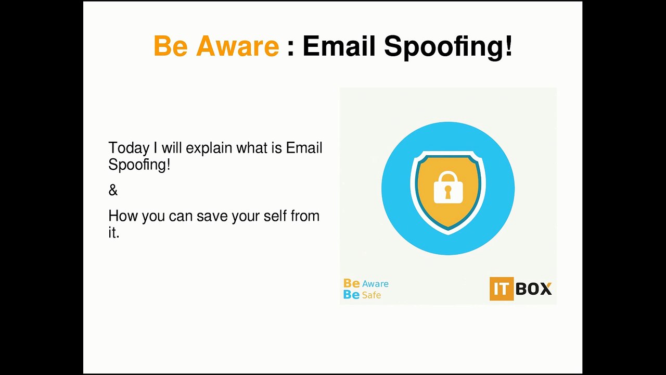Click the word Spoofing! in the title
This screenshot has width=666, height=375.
pos(449,47)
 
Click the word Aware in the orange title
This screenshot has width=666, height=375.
pos(238,46)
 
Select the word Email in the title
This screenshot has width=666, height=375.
pos(339,46)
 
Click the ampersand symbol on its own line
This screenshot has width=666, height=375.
pos(113,190)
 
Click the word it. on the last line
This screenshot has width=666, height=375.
pos(114,232)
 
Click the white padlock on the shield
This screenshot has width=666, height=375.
pos(449,187)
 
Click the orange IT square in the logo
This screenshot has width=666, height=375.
pos(502,289)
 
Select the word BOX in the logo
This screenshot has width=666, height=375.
pos(534,289)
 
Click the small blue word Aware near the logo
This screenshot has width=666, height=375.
pos(375,284)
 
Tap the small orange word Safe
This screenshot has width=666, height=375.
pos(372,295)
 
